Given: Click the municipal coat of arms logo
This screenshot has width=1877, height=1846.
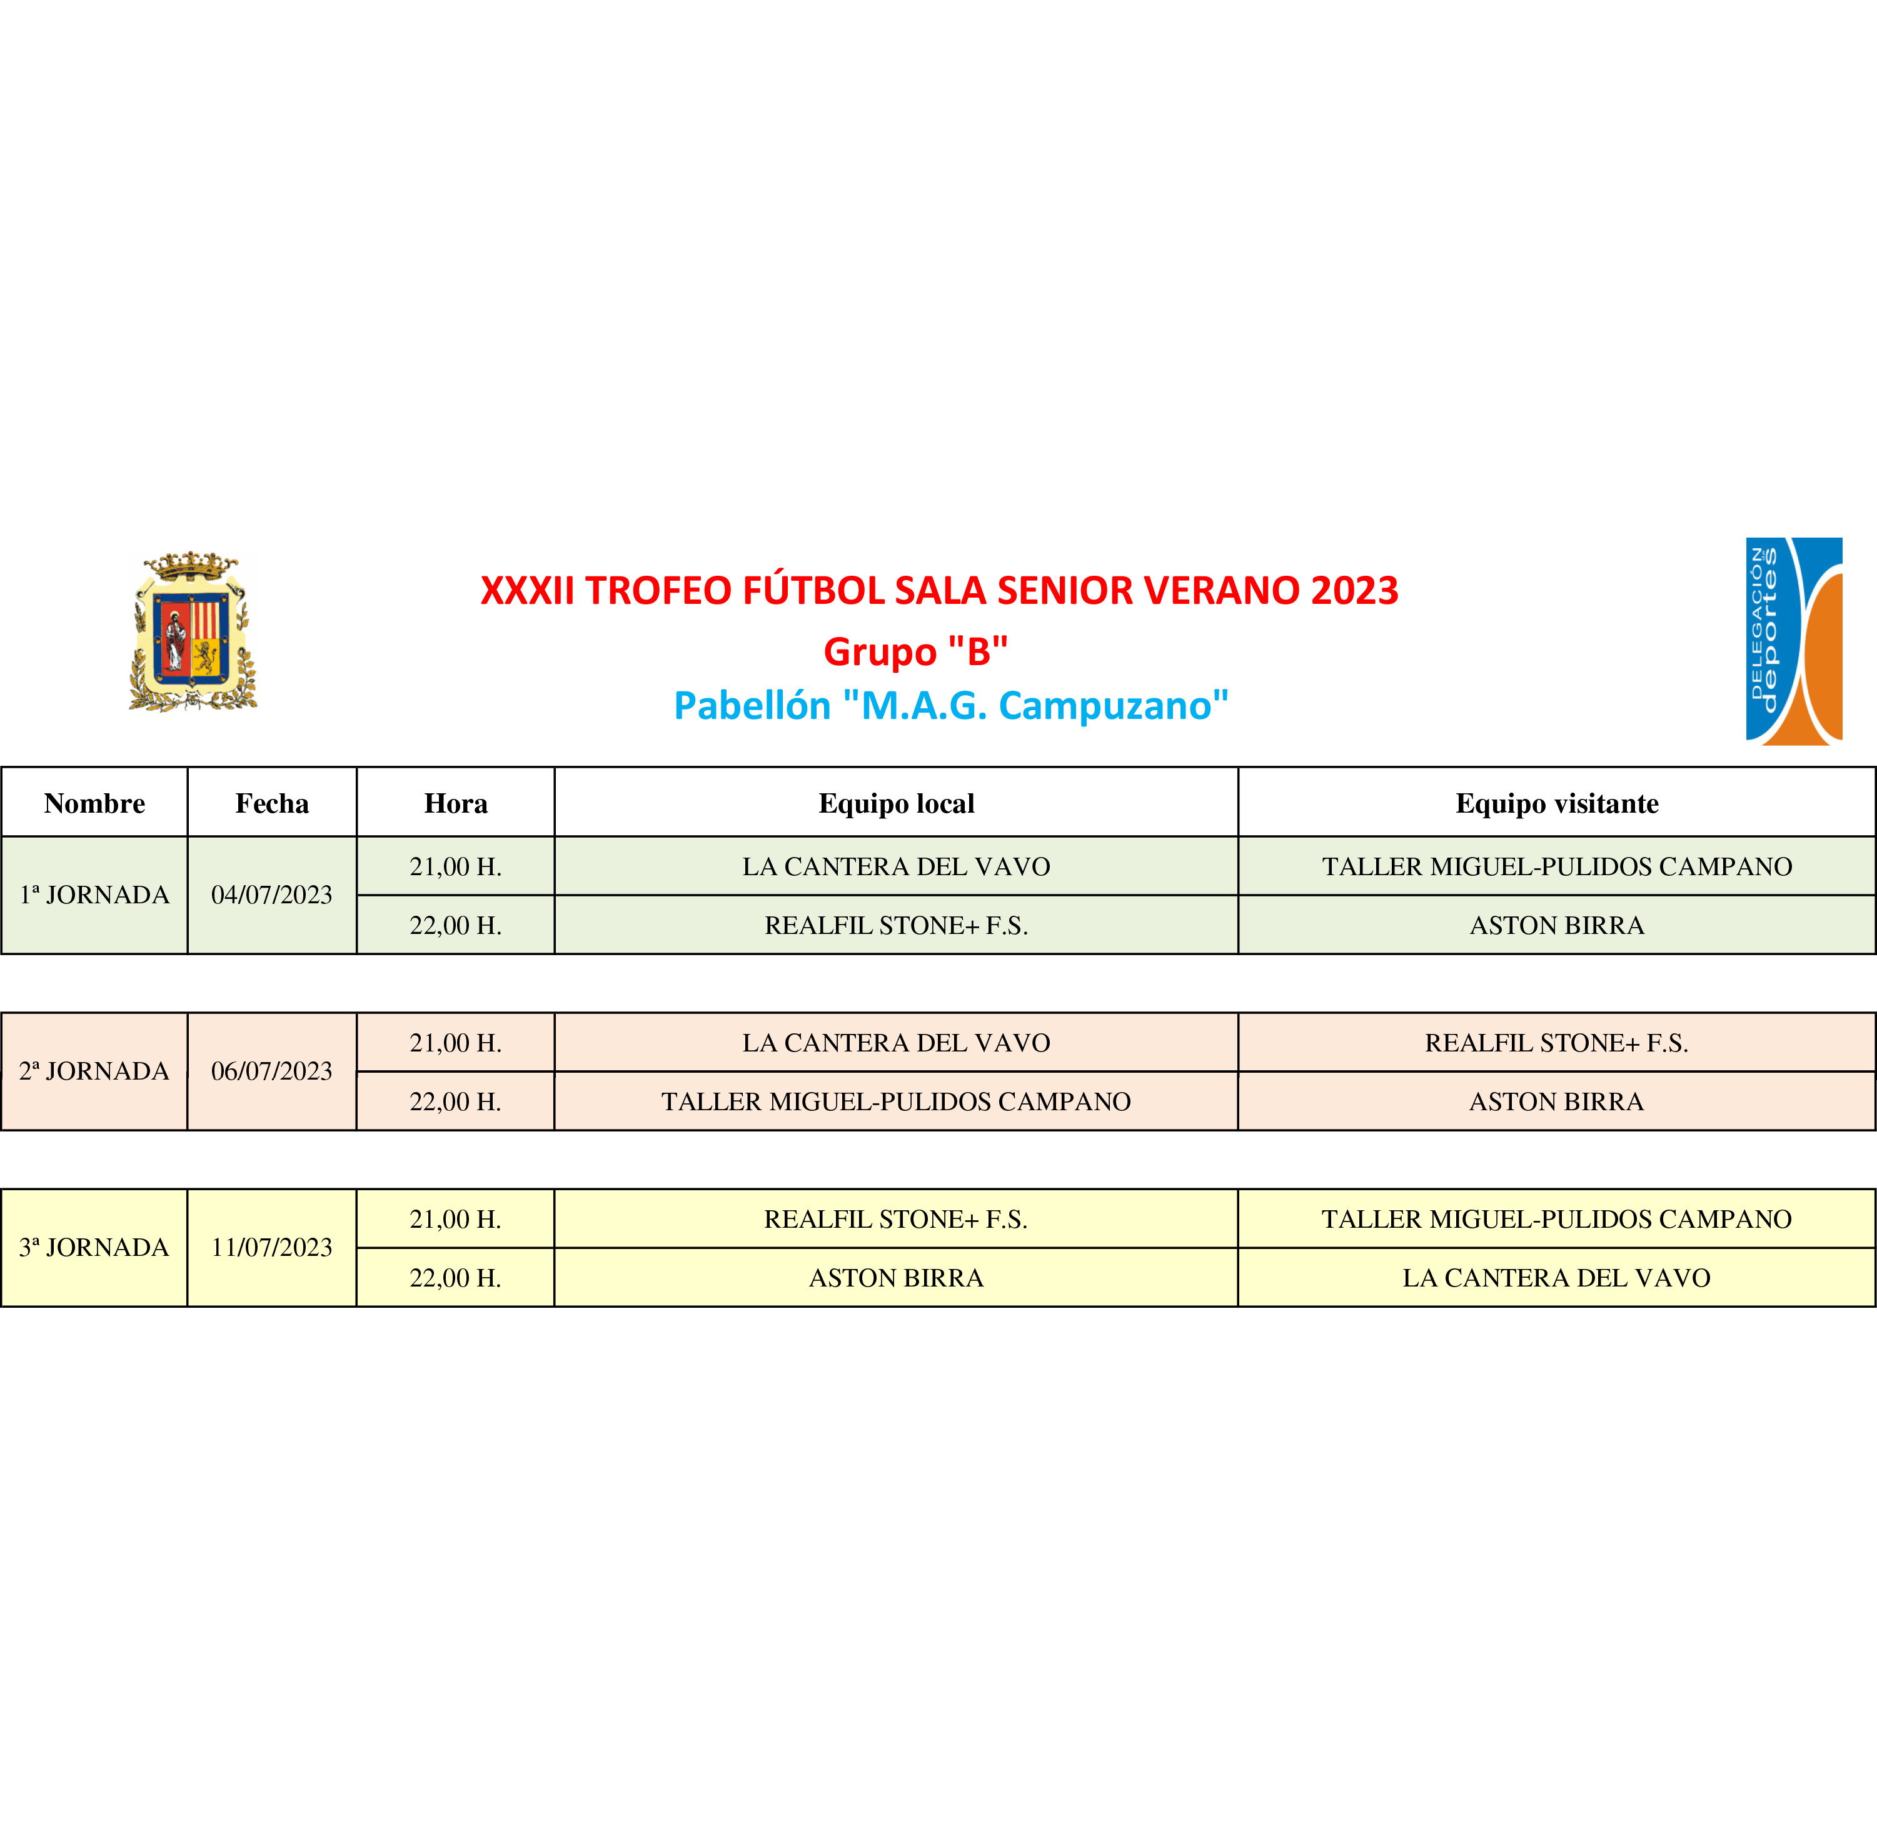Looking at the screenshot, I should click(193, 631).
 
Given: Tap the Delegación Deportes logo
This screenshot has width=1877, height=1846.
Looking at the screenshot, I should click(1794, 641).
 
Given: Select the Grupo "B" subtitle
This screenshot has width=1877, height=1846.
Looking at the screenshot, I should click(915, 651).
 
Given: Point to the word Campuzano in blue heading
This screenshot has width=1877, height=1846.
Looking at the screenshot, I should click(1113, 706).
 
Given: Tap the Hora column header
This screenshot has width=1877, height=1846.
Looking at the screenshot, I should click(456, 804).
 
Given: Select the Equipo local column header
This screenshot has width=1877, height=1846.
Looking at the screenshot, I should click(896, 804).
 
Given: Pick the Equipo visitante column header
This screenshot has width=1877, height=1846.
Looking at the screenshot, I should click(1556, 804).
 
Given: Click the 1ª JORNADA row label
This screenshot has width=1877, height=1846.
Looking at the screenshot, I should click(94, 895).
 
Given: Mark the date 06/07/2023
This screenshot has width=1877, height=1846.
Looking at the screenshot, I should click(271, 1071).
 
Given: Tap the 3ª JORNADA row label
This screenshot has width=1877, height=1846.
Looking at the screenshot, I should click(94, 1248).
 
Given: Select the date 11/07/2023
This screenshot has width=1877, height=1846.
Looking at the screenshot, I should click(271, 1248).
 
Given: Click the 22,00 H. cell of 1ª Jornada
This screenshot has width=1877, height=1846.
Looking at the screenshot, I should click(456, 926).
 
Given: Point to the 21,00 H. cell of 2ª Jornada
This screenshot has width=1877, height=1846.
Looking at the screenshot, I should click(456, 1043).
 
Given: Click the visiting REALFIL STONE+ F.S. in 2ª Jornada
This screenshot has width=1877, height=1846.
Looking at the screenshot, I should click(1556, 1043).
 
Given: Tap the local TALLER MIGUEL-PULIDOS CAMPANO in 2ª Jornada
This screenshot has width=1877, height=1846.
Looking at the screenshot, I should click(896, 1102).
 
